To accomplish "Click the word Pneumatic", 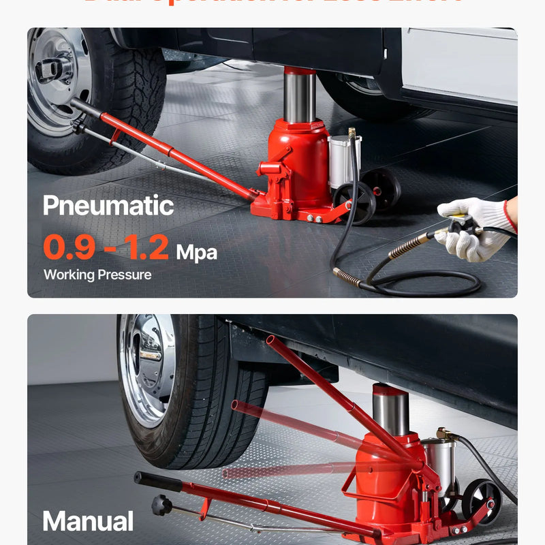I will pyautogui.click(x=108, y=205).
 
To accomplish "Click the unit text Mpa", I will pyautogui.click(x=197, y=253).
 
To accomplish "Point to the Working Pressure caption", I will pyautogui.click(x=97, y=275).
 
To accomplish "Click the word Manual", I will pyautogui.click(x=88, y=522).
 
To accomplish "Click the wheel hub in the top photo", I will pyautogui.click(x=54, y=68).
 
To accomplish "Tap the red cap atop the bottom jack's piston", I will pyautogui.click(x=390, y=390).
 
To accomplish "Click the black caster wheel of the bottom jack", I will pyautogui.click(x=481, y=501).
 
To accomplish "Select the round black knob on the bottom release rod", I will pyautogui.click(x=162, y=505).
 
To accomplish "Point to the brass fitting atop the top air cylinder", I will pyautogui.click(x=352, y=133).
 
